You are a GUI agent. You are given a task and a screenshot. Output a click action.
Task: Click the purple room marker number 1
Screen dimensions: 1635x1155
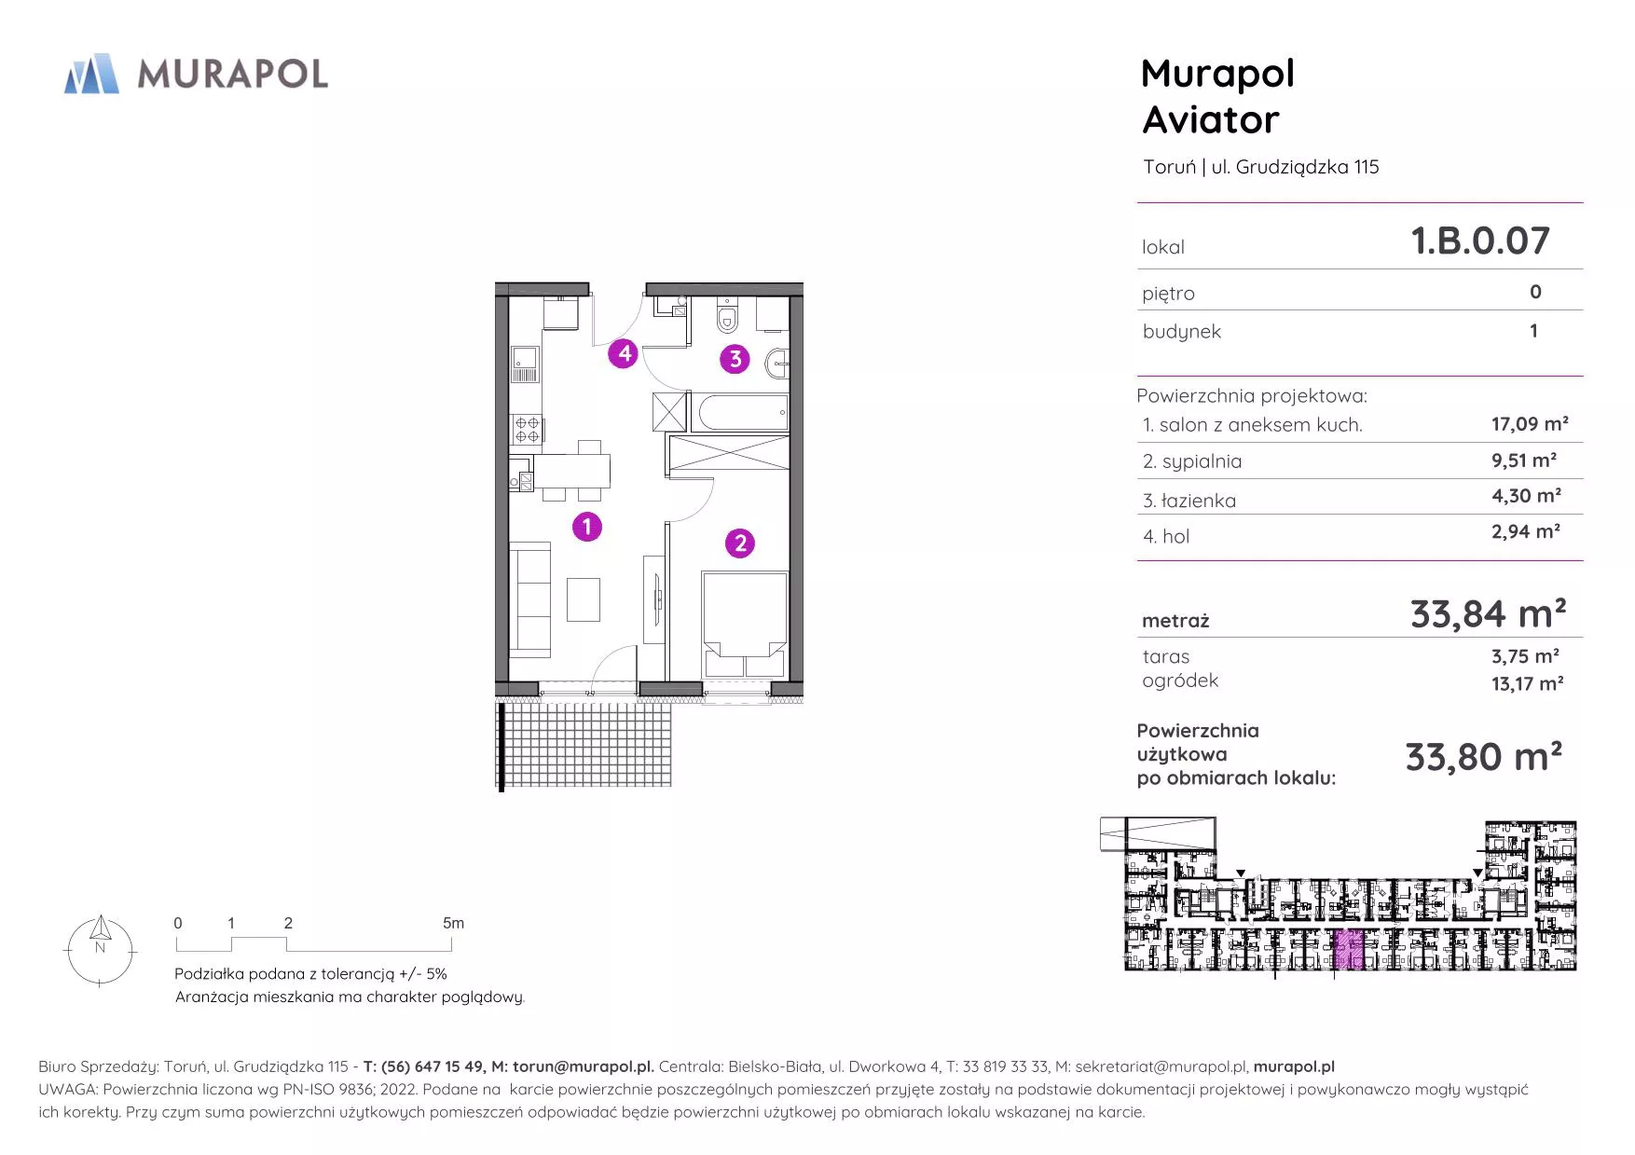click(x=586, y=527)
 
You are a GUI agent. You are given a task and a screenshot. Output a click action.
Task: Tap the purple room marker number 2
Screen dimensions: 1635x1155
click(x=740, y=543)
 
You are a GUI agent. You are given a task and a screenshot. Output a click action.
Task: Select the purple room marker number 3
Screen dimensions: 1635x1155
click(x=735, y=359)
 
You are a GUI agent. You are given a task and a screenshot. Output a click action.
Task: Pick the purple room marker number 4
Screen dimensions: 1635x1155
click(x=624, y=353)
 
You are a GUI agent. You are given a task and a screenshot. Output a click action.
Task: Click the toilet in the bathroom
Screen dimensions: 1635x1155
click(x=727, y=316)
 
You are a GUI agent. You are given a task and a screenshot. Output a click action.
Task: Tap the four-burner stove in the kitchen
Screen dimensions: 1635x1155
click(x=527, y=429)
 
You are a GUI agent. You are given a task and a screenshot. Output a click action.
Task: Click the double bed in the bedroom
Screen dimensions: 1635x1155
click(x=745, y=625)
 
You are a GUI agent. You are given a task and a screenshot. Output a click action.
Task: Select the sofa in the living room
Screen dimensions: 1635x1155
click(x=530, y=600)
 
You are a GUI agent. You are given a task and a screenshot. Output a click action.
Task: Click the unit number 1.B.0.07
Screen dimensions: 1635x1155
click(x=1480, y=241)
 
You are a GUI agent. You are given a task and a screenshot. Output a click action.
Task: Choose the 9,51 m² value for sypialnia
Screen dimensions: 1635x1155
click(x=1524, y=461)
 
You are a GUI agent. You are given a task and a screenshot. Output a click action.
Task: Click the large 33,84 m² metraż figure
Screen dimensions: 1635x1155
click(x=1488, y=613)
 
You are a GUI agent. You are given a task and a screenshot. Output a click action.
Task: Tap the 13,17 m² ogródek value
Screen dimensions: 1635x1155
click(x=1527, y=683)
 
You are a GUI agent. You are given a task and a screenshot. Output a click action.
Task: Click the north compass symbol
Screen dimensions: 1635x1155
click(x=100, y=951)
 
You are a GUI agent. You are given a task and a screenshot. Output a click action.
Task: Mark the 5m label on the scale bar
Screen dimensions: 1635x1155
click(x=453, y=923)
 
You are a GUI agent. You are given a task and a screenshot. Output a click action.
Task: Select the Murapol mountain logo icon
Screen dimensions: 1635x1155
click(x=91, y=74)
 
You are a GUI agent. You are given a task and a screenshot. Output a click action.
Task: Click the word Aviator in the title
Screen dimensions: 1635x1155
click(x=1211, y=120)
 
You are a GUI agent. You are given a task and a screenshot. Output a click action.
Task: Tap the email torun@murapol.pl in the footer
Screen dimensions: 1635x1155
click(x=583, y=1066)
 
